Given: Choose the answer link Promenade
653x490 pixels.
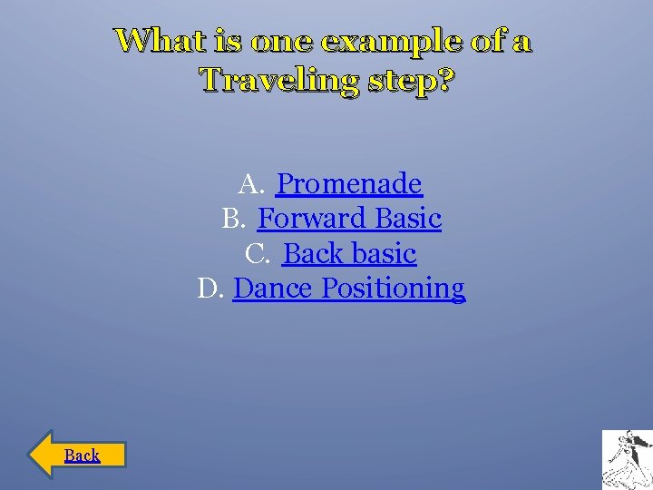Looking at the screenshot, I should (x=349, y=184).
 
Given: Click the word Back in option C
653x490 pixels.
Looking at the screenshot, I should (x=311, y=254).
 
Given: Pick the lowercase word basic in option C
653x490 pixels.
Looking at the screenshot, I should (x=381, y=254).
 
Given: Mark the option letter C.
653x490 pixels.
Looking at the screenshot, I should (x=257, y=254).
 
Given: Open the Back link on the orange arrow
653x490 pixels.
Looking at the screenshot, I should (x=83, y=456).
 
